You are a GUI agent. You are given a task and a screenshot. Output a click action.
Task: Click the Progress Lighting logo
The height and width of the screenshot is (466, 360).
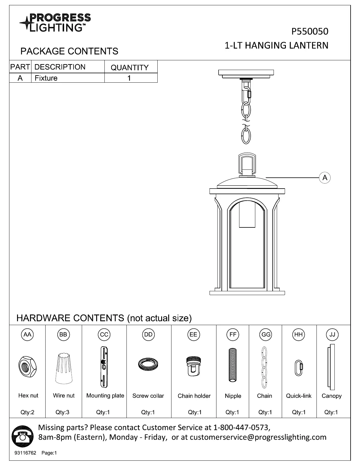55,22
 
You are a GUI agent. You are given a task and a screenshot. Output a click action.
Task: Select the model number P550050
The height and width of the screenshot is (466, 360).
310,31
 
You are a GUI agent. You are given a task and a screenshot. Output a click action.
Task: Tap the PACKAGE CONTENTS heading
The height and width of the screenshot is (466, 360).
69,51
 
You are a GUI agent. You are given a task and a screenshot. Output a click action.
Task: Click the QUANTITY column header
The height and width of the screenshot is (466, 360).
130,67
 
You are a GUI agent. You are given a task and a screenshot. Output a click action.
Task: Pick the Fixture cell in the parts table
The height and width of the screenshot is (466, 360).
46,78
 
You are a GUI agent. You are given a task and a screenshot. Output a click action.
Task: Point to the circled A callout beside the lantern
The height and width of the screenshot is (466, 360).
325,178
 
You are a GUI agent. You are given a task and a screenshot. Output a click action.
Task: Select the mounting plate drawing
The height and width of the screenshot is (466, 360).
104,367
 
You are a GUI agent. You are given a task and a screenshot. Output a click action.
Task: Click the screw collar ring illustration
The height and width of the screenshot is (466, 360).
148,364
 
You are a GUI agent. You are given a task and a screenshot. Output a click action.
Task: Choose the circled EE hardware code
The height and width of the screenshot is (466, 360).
193,334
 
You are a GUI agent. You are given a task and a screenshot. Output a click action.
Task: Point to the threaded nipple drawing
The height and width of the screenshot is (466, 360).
233,365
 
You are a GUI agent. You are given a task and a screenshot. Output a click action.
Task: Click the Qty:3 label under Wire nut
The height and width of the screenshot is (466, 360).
62,412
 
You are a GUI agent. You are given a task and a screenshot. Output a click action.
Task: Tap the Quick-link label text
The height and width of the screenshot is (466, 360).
299,396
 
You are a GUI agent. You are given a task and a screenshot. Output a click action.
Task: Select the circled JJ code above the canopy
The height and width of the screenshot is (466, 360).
332,334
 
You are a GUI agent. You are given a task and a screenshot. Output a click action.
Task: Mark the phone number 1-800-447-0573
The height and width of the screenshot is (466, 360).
241,427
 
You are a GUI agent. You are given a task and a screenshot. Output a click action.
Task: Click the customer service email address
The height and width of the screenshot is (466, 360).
258,437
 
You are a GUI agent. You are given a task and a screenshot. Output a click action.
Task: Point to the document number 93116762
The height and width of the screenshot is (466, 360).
25,453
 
